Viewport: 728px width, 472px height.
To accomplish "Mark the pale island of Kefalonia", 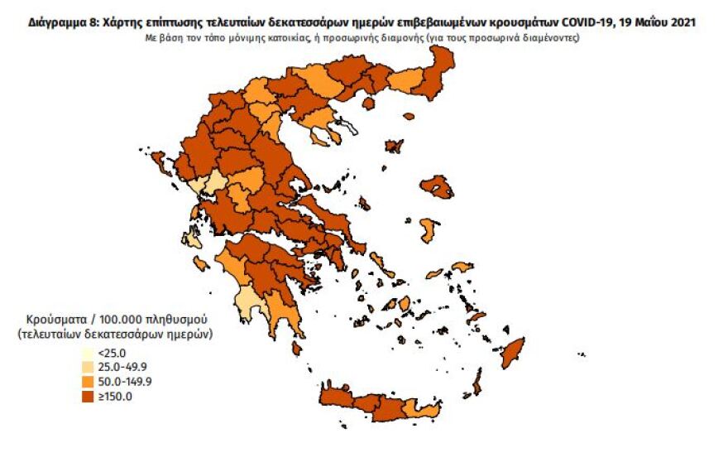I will pos(192,241).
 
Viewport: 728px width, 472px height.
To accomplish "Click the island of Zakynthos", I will pos(200,264).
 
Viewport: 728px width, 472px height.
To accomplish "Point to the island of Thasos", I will pos(407,118).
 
